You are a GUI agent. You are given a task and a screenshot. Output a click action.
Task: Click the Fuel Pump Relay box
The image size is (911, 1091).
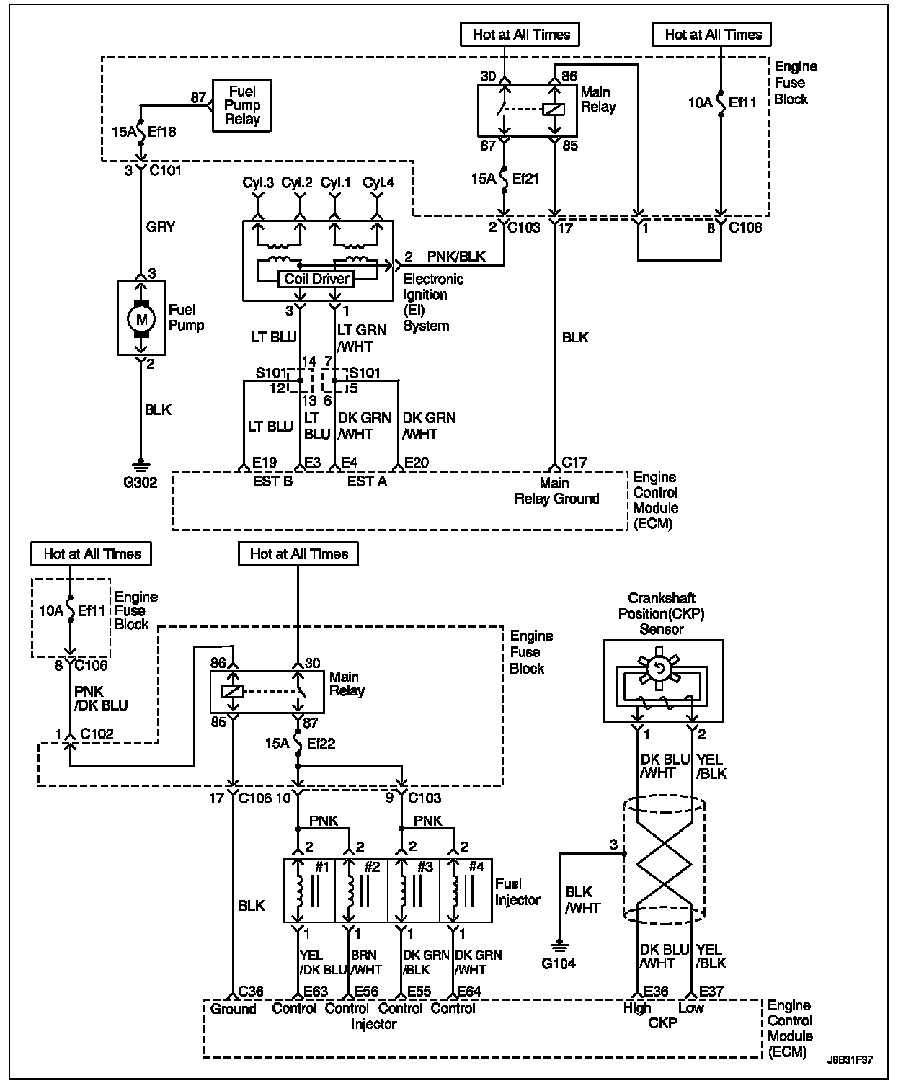coord(241,105)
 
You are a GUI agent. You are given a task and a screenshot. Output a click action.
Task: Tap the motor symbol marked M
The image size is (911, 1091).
coord(141,318)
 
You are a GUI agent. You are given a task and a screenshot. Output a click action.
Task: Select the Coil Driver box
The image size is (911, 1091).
coord(316,279)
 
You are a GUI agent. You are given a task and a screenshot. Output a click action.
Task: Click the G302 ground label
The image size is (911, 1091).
coord(141,482)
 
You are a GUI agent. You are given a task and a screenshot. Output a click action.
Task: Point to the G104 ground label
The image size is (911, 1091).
coord(558,963)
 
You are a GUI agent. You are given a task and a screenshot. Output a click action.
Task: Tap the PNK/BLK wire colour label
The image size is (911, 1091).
coord(456,256)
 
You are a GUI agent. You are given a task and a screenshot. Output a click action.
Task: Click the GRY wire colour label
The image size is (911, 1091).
coord(161,227)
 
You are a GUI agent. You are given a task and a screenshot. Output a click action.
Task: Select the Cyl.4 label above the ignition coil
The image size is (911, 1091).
coord(378,182)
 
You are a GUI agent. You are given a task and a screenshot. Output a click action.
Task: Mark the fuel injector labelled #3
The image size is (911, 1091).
coord(414,890)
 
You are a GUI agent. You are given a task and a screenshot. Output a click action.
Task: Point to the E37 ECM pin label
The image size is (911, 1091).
coord(711,992)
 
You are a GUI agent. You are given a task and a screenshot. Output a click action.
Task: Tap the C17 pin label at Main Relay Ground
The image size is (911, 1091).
coord(574,463)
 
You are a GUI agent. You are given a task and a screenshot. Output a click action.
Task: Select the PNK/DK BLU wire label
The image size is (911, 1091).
coord(101,698)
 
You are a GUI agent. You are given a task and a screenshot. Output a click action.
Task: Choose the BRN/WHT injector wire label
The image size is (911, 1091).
coord(367,963)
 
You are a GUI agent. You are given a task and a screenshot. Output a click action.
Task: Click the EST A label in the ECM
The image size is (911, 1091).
coord(367,481)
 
